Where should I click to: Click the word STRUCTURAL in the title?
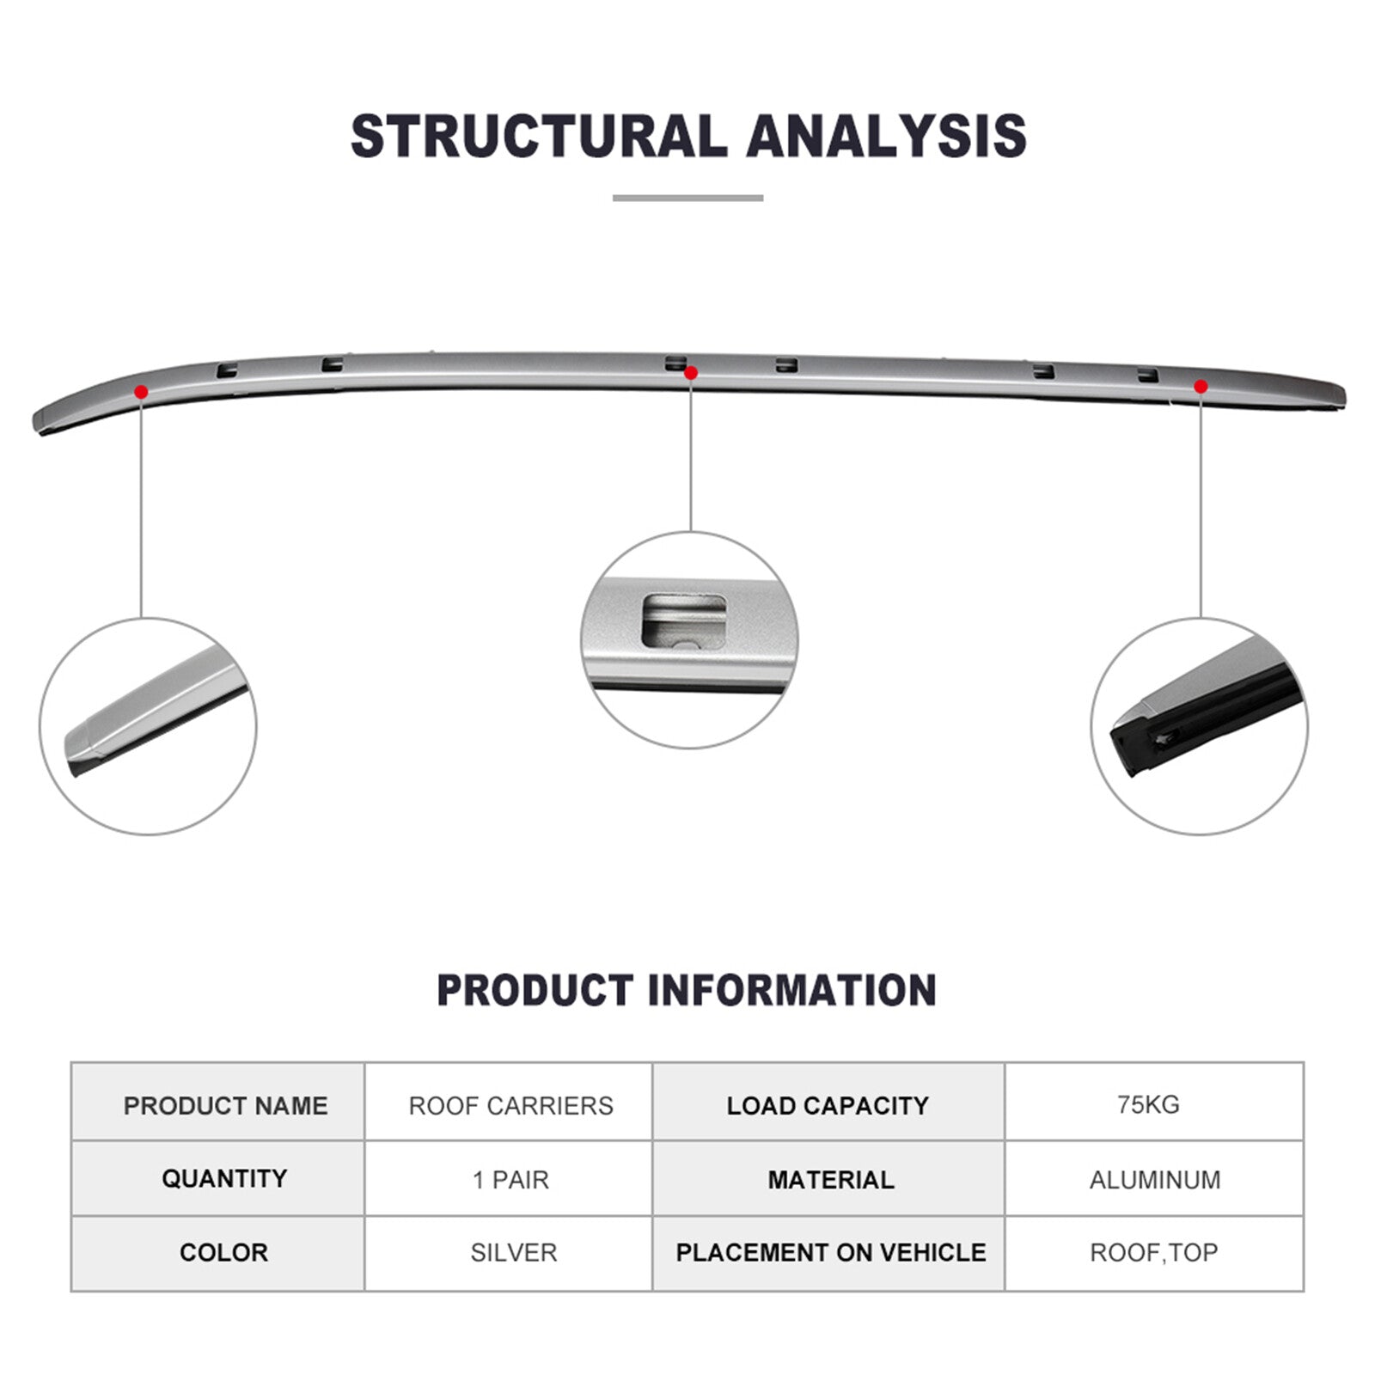point(539,136)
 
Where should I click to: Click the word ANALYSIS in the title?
point(887,136)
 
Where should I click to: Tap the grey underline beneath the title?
point(687,198)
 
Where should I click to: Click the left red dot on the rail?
point(141,392)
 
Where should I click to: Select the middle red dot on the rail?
point(690,373)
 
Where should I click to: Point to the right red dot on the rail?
point(1201,387)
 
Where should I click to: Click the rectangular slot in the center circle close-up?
point(684,620)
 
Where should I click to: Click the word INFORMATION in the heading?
point(791,990)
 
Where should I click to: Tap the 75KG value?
point(1148,1104)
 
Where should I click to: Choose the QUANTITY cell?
point(218,1178)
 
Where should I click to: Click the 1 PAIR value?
point(510,1180)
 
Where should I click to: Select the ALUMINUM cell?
point(1155,1178)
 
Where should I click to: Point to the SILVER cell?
point(509,1253)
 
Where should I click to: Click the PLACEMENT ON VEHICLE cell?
point(828,1253)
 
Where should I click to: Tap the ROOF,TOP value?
point(1154,1253)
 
